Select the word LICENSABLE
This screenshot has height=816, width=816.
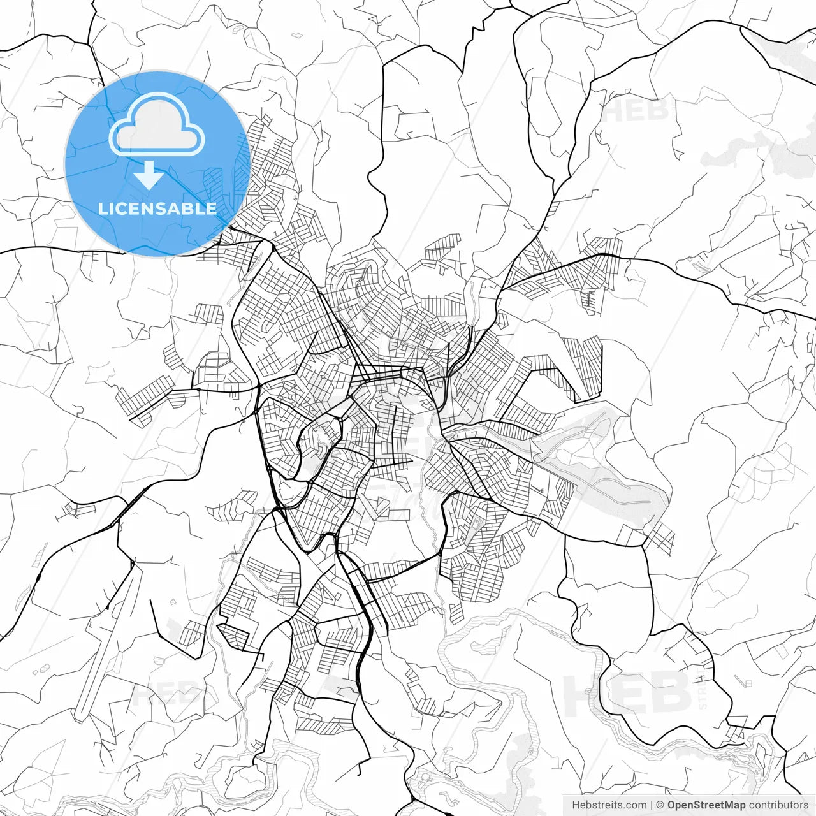coord(157,208)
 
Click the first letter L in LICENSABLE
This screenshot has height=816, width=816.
coord(103,208)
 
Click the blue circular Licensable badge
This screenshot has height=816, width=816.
coord(157,164)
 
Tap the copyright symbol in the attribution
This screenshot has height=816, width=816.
coord(660,805)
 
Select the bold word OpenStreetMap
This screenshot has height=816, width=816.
coord(706,805)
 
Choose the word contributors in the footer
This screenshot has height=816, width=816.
coord(778,805)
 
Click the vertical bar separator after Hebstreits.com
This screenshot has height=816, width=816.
coord(652,805)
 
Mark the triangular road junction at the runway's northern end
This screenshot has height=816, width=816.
coord(133,564)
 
